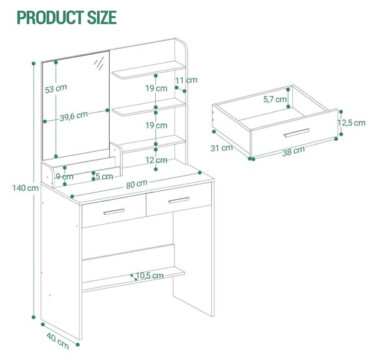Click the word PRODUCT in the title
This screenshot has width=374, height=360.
point(50,17)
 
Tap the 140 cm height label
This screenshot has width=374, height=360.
point(26,188)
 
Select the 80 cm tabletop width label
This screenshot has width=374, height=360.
point(137,184)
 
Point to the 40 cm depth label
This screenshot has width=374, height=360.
point(58,341)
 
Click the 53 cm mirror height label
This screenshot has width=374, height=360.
point(56,88)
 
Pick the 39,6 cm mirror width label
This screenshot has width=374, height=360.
point(74,116)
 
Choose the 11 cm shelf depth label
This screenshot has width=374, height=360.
point(186,80)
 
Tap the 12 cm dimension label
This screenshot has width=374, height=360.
point(156,160)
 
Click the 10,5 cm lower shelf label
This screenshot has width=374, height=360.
point(150,276)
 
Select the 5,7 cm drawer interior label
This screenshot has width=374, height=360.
point(275,99)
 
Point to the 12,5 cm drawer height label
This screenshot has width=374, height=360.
point(352,123)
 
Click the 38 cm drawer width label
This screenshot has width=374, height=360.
point(294,151)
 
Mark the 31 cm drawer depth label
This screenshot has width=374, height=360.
point(221,148)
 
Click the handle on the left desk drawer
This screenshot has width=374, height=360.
point(114,212)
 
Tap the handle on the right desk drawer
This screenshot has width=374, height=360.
point(179,200)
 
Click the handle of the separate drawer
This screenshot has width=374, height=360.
point(297,133)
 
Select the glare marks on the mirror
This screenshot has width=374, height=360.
point(99,63)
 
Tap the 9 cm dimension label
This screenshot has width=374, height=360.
point(64,176)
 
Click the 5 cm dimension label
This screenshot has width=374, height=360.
point(104,176)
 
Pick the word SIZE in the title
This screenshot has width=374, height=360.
point(102,17)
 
